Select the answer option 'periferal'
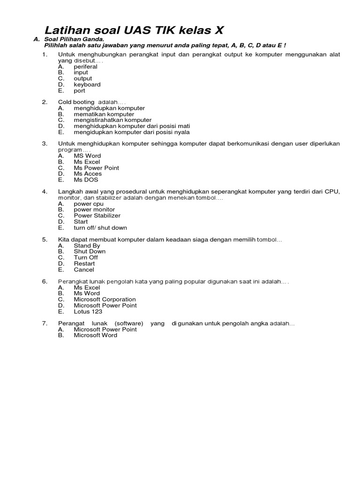(85, 67)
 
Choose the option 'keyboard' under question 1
(87, 85)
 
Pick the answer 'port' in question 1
(79, 91)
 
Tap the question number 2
(45, 102)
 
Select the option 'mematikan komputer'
(104, 114)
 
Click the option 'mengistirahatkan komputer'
(112, 120)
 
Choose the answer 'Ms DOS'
(86, 180)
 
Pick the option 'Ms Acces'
(88, 173)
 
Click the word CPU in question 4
(332, 192)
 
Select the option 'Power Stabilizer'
(97, 216)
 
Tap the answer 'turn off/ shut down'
(100, 228)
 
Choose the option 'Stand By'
(87, 246)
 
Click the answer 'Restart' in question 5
(84, 263)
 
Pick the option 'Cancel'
(84, 270)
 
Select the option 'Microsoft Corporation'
(105, 300)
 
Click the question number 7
(45, 323)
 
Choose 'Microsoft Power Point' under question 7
(105, 330)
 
